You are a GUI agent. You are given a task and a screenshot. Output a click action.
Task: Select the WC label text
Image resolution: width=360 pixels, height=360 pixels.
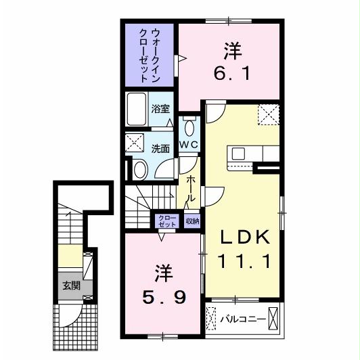(x=188, y=145)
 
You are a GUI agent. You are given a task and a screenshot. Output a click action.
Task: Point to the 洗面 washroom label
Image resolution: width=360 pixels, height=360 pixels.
(x=160, y=149)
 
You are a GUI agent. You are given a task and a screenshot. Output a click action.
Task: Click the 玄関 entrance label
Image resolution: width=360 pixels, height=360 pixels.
(x=72, y=286)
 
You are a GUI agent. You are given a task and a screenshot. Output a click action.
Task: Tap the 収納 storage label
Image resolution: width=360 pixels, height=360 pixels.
(x=192, y=221)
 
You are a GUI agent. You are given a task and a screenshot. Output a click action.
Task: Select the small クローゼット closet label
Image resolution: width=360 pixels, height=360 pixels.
(x=166, y=221)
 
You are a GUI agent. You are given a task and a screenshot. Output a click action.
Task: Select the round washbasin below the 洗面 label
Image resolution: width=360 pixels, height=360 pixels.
(x=140, y=168)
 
